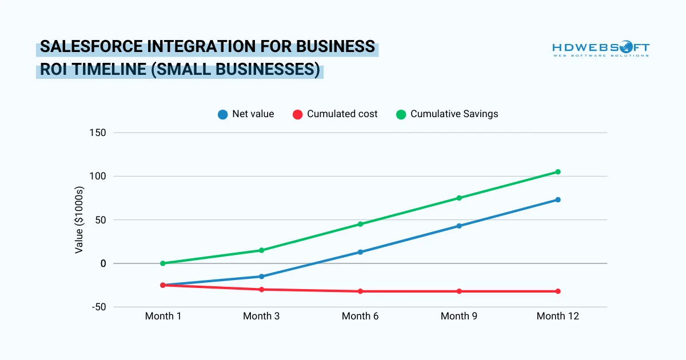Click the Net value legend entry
tap(246, 114)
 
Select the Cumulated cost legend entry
tap(335, 114)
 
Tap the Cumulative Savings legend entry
tap(447, 114)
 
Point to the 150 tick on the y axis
tap(98, 133)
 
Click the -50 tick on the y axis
tap(98, 307)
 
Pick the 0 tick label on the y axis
tap(103, 263)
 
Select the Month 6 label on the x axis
tap(360, 316)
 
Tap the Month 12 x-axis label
tap(557, 316)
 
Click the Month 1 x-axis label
tap(163, 316)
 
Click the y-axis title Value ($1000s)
tap(79, 220)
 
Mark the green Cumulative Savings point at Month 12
tap(557, 171)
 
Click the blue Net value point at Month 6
tap(360, 252)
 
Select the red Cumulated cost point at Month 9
tap(459, 291)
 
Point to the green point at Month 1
tap(163, 263)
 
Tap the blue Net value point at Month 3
tap(262, 277)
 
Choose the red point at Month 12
tap(557, 291)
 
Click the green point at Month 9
tap(459, 198)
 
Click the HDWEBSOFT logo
tap(600, 49)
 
